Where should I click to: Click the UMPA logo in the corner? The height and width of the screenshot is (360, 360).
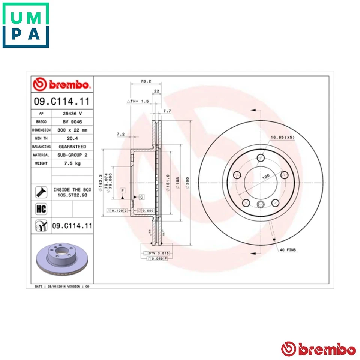[x=25, y=25]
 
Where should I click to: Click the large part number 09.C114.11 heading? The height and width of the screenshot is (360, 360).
[x=62, y=101]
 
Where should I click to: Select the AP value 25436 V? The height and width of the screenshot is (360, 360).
[x=72, y=113]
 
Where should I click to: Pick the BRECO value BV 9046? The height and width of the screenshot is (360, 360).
[x=72, y=122]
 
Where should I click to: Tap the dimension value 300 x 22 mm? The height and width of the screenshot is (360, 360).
[x=72, y=130]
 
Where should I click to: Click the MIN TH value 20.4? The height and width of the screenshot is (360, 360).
[x=72, y=138]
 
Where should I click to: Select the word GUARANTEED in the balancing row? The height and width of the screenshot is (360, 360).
[x=72, y=147]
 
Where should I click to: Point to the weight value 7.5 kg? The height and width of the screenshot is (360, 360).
[x=72, y=163]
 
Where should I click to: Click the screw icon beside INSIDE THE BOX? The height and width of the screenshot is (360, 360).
[x=40, y=192]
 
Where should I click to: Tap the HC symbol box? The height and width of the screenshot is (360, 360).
[x=40, y=209]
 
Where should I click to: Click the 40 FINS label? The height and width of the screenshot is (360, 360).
[x=288, y=249]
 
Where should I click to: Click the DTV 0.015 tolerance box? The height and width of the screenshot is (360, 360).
[x=156, y=253]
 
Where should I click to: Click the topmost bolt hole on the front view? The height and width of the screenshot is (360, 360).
[x=261, y=158]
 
